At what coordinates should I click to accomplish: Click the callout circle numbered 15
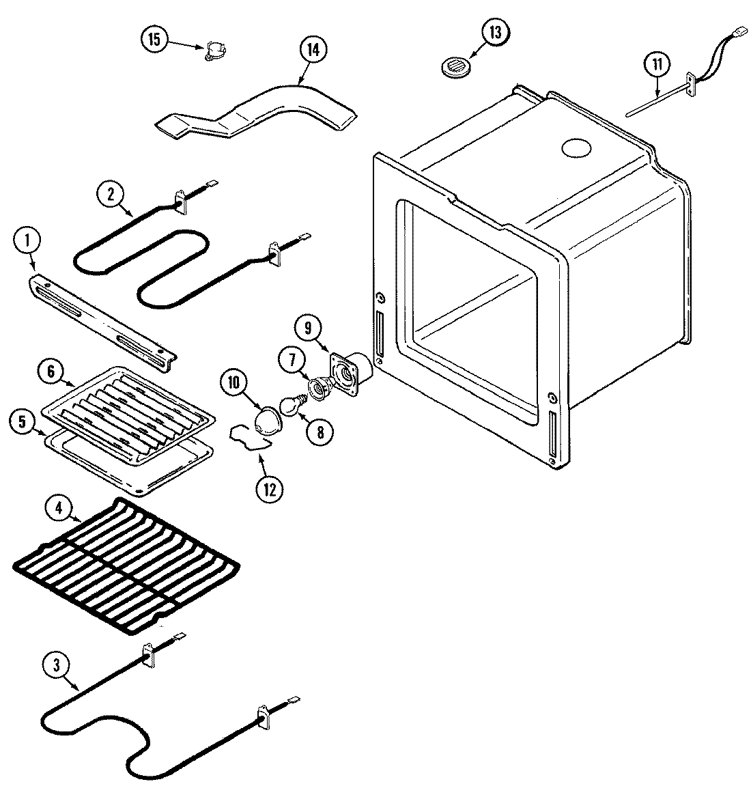[155, 40]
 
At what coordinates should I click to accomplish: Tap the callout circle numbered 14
[313, 51]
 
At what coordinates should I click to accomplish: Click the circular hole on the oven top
[574, 148]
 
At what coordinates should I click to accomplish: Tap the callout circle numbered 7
[292, 359]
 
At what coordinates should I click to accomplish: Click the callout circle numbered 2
[111, 193]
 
